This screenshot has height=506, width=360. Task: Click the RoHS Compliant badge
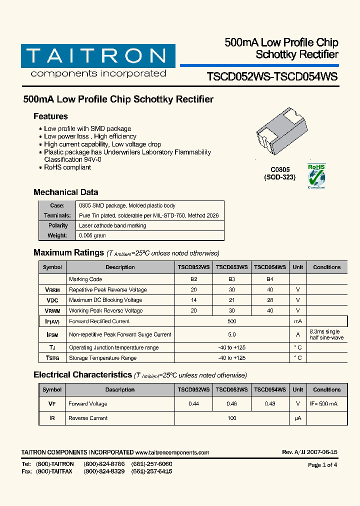coord(316,176)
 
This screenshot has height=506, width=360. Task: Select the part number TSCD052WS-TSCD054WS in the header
coord(272,76)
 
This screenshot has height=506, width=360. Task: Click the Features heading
coord(50,116)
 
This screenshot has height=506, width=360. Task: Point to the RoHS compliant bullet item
coord(67,167)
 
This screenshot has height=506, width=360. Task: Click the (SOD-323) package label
coord(279,177)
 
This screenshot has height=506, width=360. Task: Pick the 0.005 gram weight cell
coord(92,235)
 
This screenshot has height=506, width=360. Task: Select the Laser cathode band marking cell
coord(112,225)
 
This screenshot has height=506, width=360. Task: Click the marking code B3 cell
coord(231,279)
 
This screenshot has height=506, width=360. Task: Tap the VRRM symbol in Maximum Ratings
coord(52,289)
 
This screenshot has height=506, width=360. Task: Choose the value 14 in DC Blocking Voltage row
coord(193,300)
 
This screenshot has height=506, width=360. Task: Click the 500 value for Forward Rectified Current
coord(231,321)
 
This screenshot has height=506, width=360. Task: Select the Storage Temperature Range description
coord(102,358)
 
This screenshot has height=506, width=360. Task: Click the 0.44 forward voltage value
coord(193,404)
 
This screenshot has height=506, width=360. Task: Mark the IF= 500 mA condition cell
coord(323,404)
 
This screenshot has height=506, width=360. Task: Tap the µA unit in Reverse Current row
coord(297,418)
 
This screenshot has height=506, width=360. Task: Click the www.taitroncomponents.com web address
coord(172,452)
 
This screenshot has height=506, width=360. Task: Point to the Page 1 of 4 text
coord(322,465)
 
